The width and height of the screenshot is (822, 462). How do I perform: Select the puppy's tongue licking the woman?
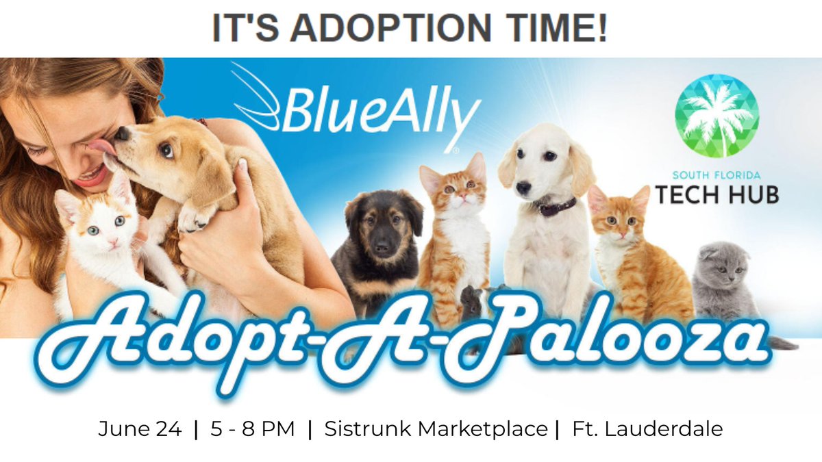pyautogui.click(x=103, y=146)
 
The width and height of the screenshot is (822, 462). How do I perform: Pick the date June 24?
pyautogui.click(x=140, y=430)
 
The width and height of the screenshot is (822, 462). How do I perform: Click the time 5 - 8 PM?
pyautogui.click(x=253, y=430)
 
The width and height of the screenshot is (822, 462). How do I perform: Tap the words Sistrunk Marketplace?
pyautogui.click(x=436, y=430)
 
